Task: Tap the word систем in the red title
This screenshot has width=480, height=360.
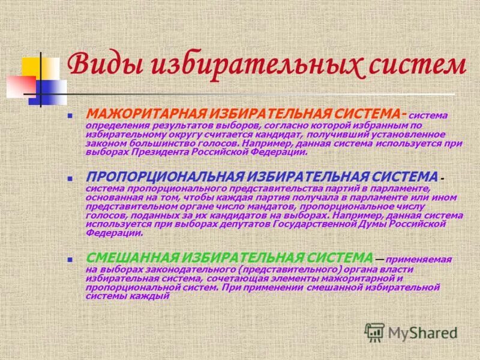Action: pos(413,65)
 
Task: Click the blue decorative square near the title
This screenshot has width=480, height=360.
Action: pos(51,91)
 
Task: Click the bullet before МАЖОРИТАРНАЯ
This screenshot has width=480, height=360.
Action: pos(70,114)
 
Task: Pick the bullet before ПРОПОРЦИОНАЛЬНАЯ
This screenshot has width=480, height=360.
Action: pos(70,178)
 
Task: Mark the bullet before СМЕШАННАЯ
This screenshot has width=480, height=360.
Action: pos(70,259)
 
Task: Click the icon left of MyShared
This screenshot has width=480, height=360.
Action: pos(374,332)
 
